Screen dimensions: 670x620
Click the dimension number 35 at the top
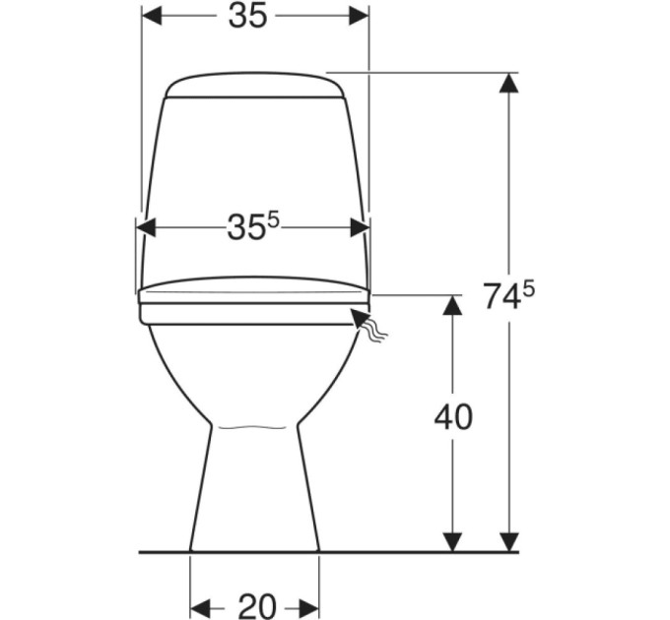(x=248, y=17)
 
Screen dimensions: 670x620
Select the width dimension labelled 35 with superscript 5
(x=252, y=226)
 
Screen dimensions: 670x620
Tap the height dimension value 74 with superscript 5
(x=508, y=295)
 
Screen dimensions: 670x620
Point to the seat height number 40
(x=453, y=416)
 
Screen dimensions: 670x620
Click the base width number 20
(x=257, y=605)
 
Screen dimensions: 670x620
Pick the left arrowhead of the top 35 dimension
(x=152, y=17)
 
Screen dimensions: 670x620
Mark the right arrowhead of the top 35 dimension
(x=359, y=17)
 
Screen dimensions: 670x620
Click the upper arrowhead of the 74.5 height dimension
(x=508, y=83)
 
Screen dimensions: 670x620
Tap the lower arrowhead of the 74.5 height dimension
(x=508, y=541)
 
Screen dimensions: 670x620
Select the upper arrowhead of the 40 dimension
(x=453, y=305)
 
